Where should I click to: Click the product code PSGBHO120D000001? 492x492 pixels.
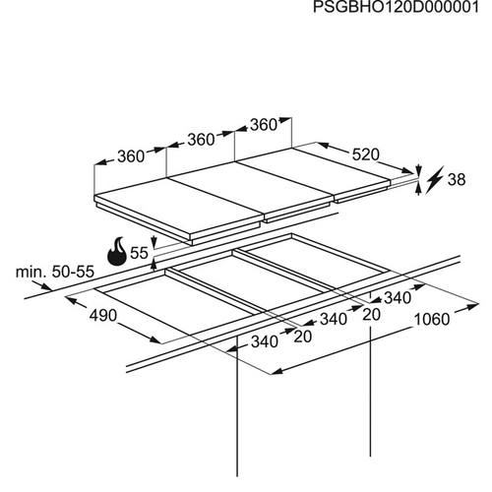point(396,7)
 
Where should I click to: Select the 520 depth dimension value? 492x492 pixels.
point(366,154)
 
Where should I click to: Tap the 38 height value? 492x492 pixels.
point(457,180)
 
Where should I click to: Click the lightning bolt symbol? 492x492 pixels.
point(435,180)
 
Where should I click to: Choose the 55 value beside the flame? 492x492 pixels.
point(139,253)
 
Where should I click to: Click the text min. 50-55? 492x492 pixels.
point(55,272)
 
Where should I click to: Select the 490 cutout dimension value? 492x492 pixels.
point(103,316)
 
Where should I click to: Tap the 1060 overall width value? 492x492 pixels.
point(432,319)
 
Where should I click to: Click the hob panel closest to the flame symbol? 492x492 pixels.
point(179,210)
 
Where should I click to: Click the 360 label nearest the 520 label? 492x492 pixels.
point(264,125)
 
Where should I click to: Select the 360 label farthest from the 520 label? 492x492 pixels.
point(131,156)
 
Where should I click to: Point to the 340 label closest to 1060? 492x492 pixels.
point(398,298)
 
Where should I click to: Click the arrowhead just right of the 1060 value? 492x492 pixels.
point(473,306)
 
